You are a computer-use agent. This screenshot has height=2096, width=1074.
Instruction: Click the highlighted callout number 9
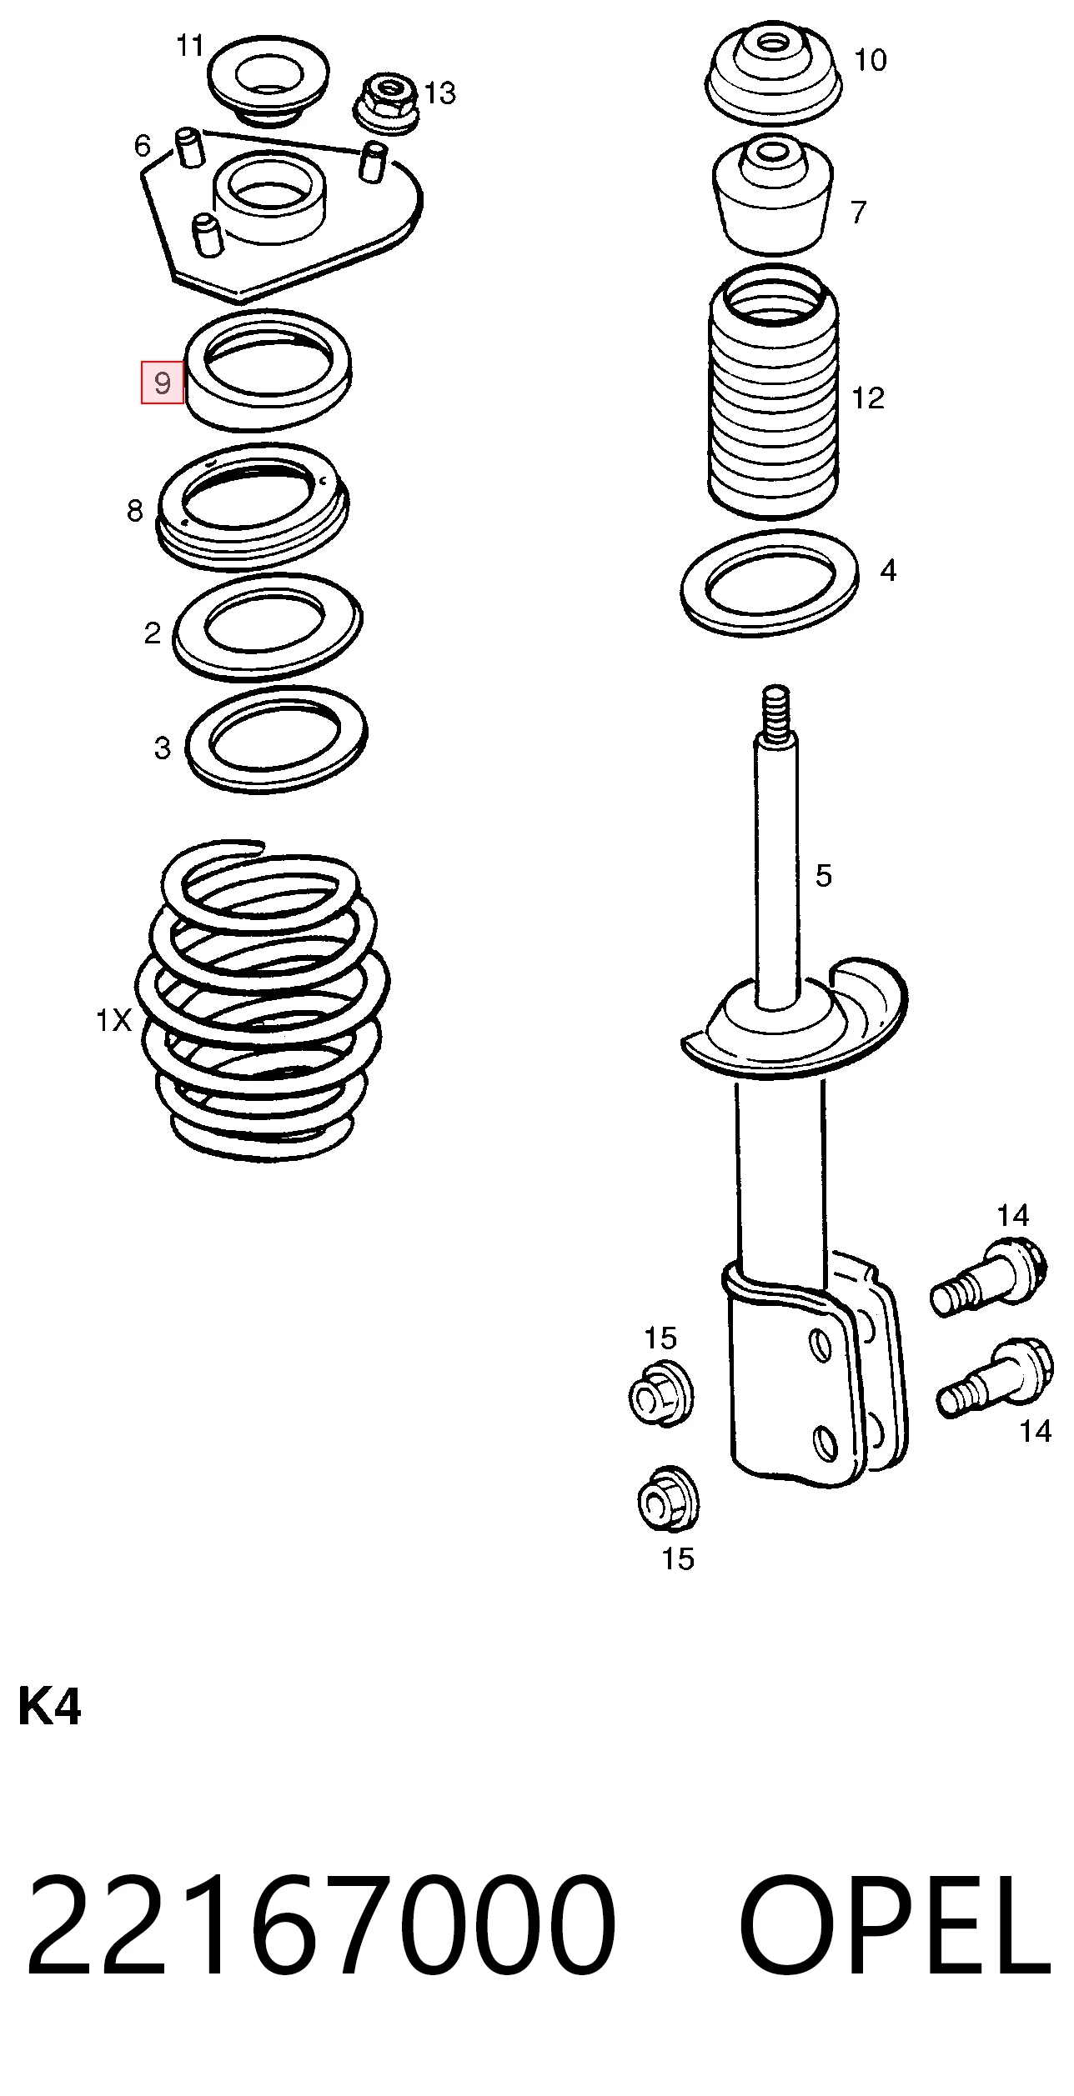point(163,383)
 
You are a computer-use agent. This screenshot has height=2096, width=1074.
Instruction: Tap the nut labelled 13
point(386,103)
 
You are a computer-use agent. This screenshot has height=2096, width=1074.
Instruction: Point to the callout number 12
point(868,398)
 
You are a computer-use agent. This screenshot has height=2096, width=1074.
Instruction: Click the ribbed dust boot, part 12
point(774,392)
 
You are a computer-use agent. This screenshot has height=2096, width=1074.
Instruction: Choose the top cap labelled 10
point(774,77)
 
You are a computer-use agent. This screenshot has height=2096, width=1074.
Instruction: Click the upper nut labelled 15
point(660,1393)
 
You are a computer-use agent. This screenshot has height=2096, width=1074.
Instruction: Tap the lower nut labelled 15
point(667,1498)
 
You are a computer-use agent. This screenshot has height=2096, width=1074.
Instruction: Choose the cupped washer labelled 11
point(268,81)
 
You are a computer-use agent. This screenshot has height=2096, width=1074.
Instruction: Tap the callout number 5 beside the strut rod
point(823,875)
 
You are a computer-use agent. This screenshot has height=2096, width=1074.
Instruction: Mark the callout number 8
point(135,510)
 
